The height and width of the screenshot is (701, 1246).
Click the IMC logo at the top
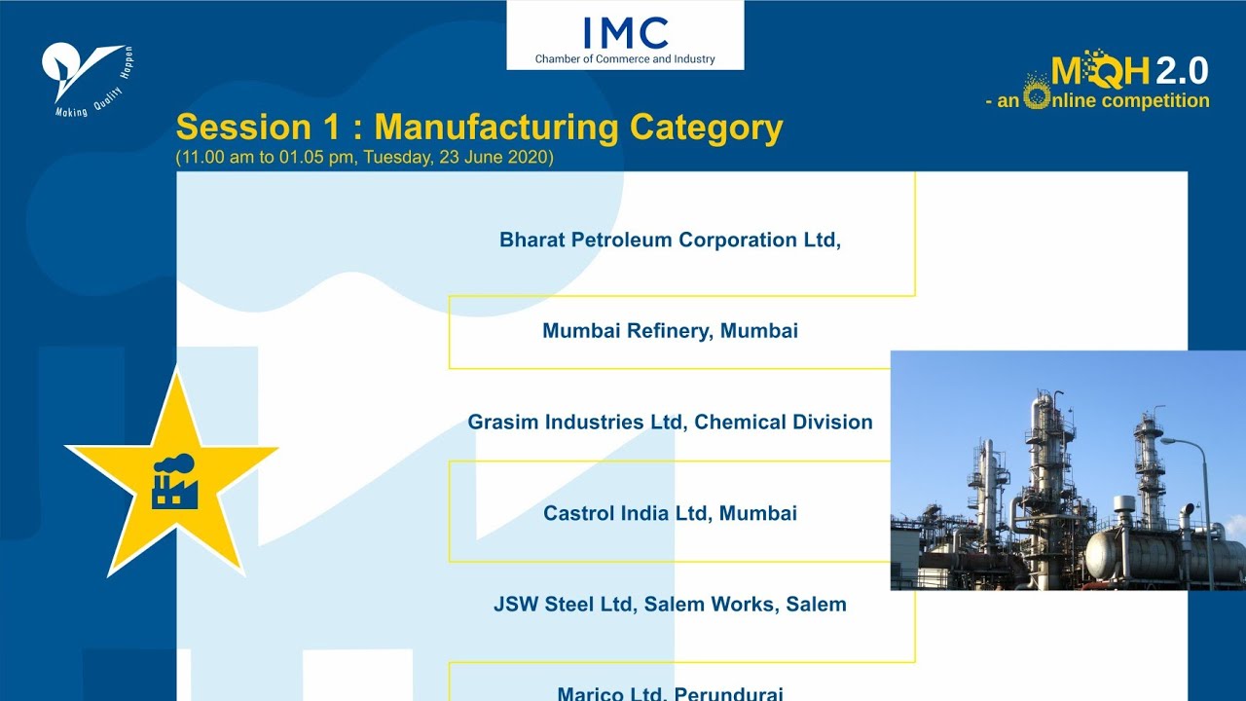click(x=625, y=33)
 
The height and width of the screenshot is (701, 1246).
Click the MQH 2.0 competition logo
click(x=1128, y=71)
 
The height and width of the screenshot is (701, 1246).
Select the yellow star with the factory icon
click(x=172, y=474)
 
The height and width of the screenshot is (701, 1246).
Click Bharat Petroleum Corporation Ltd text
click(x=670, y=240)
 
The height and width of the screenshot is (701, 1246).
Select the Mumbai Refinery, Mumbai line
click(x=670, y=331)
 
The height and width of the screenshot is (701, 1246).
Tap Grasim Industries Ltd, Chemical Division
click(x=670, y=423)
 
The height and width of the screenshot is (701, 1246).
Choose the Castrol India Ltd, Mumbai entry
click(x=670, y=513)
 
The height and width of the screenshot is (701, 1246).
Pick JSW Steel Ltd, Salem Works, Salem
click(x=670, y=605)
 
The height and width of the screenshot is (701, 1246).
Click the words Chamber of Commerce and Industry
click(x=625, y=59)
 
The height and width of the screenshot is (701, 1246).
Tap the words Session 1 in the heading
click(x=243, y=128)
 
